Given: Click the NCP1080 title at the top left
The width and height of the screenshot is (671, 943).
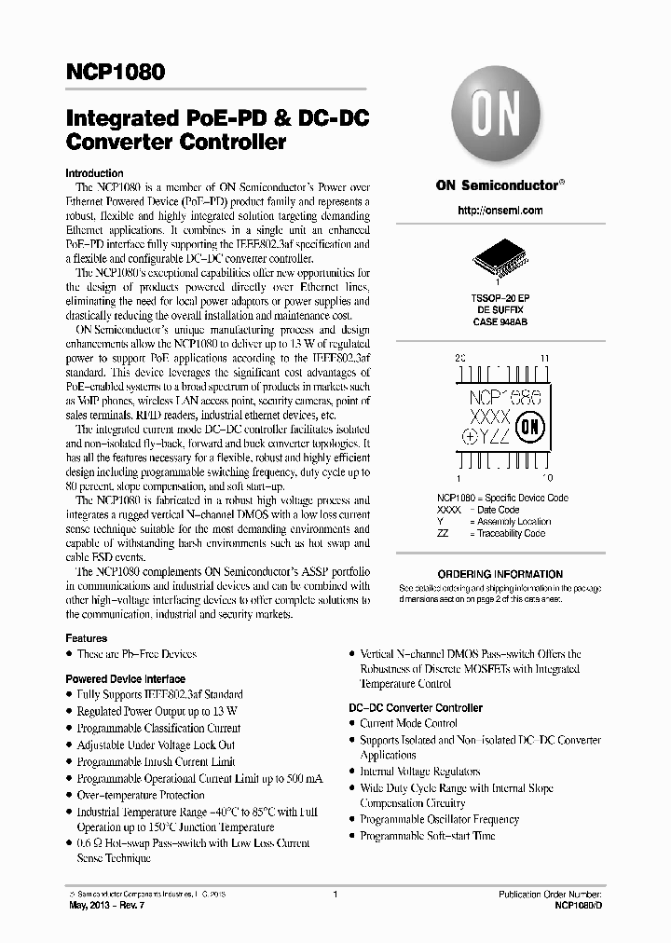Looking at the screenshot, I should [x=116, y=72].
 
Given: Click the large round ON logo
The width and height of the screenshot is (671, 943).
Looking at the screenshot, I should [x=500, y=118].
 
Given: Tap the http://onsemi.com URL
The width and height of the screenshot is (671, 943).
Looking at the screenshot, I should [x=500, y=211].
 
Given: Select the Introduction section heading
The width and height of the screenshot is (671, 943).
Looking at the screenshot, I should [x=94, y=173].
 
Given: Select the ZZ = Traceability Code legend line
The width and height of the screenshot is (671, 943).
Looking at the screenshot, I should [x=490, y=534].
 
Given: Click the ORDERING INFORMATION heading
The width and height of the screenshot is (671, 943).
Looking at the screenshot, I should [x=500, y=574].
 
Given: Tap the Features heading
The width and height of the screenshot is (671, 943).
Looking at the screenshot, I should [x=86, y=638].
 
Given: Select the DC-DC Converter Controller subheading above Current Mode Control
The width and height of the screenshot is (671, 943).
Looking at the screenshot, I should [x=416, y=707].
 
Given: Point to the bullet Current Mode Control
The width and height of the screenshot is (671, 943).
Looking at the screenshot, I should [x=408, y=723].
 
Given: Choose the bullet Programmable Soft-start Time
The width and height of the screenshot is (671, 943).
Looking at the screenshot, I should [x=428, y=836].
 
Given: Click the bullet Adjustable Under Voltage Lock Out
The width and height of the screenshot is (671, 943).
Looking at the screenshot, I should [x=155, y=745].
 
